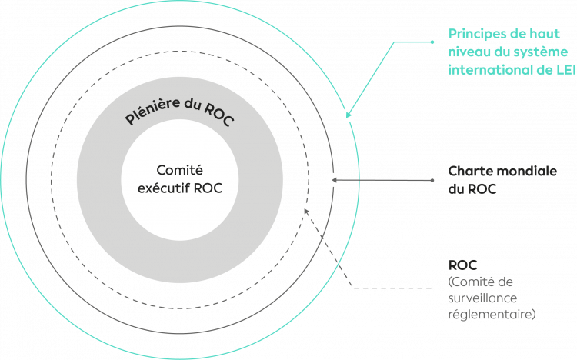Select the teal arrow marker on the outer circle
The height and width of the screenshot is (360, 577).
(x=348, y=115)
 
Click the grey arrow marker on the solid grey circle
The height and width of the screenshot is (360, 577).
(x=333, y=180)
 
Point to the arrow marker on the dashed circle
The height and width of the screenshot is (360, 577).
(x=305, y=209)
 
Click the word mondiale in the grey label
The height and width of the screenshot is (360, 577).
(x=523, y=171)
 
